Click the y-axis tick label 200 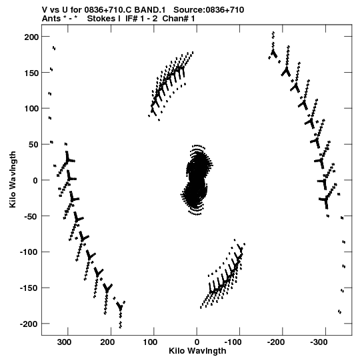[x=31, y=37]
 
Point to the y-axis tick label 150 [x=31, y=73]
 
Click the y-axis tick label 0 [x=35, y=180]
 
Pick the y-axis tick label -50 [x=31, y=216]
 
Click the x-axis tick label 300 [x=64, y=342]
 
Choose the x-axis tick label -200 [x=276, y=342]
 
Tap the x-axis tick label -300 [x=319, y=342]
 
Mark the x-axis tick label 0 [x=197, y=342]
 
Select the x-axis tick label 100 [x=151, y=342]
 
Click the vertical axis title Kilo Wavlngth [x=13, y=179]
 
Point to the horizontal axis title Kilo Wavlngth [x=197, y=351]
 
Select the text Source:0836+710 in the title [x=209, y=10]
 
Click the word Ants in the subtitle [x=51, y=19]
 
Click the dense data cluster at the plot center [x=196, y=180]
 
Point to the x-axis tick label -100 [x=233, y=342]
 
